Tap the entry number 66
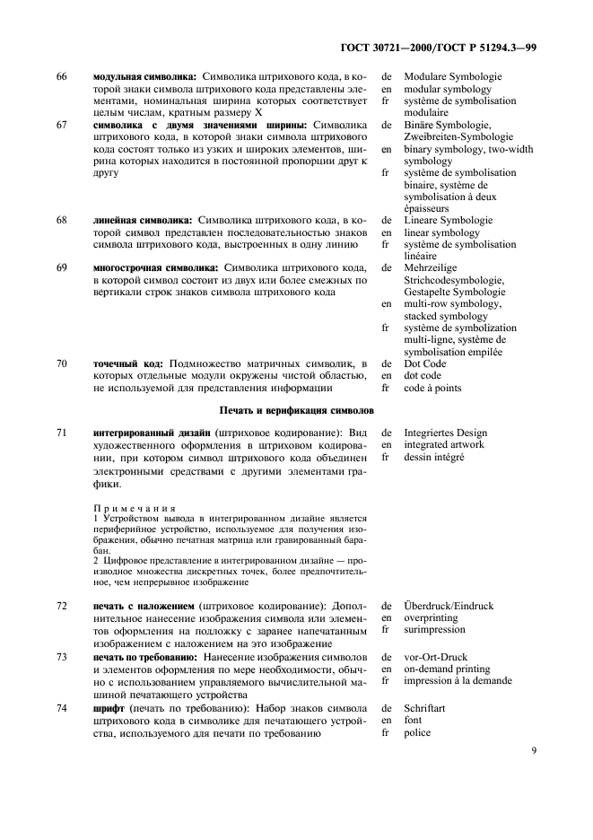(x=61, y=77)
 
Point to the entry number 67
(x=61, y=125)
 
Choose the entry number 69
(x=61, y=267)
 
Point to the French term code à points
(x=433, y=388)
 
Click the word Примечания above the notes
(x=135, y=507)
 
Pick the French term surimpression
(x=437, y=630)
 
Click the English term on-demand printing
(x=447, y=669)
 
